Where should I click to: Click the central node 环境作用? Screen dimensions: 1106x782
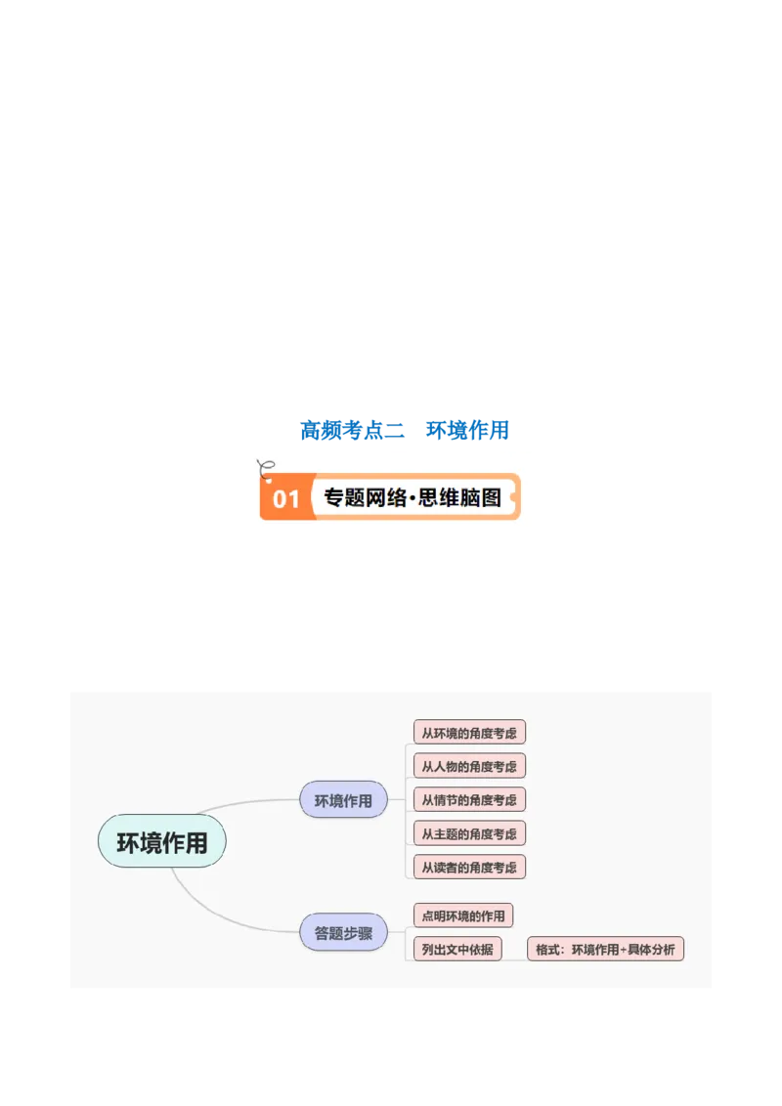click(161, 841)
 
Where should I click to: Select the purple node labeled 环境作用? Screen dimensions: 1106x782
click(343, 800)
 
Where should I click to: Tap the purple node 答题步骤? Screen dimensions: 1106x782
click(343, 932)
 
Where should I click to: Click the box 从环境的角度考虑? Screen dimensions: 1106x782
click(469, 733)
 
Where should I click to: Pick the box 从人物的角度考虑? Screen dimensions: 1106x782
click(469, 766)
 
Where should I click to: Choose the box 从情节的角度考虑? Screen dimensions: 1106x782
click(469, 799)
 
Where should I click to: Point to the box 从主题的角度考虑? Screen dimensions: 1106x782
click(469, 833)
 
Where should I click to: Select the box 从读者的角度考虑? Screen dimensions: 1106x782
click(469, 867)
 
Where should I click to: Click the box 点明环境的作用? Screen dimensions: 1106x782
click(463, 915)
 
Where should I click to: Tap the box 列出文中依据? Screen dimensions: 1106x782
click(457, 949)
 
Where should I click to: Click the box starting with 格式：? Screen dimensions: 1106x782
click(605, 949)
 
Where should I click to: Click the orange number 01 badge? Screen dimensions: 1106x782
click(285, 498)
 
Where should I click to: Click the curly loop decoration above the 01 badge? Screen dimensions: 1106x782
click(262, 462)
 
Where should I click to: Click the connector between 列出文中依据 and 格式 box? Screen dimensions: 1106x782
click(515, 951)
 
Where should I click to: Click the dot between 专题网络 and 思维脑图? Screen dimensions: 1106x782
click(413, 498)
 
